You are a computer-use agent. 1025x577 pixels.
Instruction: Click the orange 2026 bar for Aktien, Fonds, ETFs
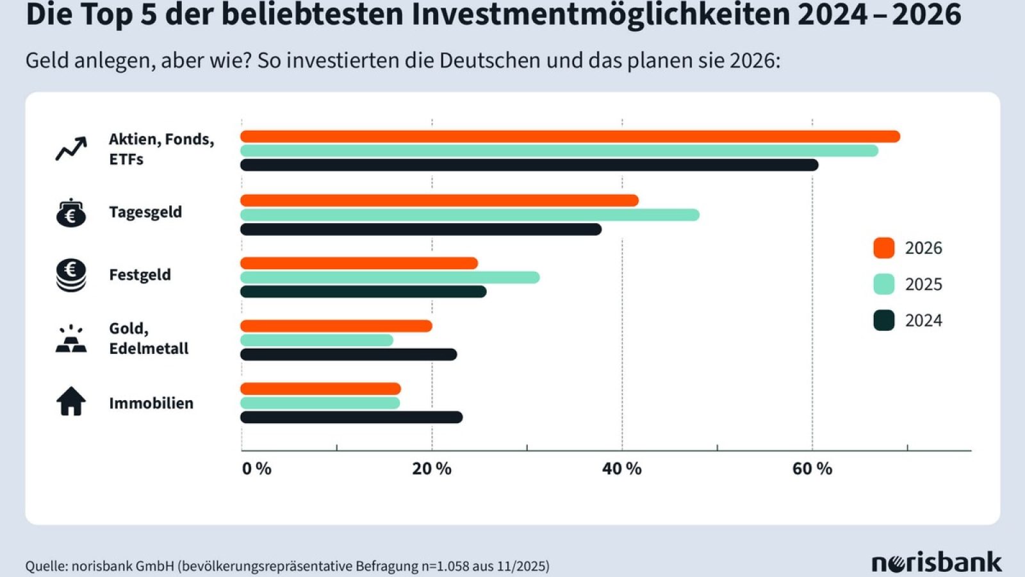[570, 137]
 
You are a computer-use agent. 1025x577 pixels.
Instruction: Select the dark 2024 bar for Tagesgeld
[421, 230]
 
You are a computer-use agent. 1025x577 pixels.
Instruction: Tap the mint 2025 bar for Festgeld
[389, 278]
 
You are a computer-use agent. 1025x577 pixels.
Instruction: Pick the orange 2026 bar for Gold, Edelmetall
[336, 326]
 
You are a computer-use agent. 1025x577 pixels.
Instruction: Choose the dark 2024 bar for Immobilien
[351, 417]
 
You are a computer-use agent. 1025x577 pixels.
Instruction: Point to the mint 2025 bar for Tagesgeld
[470, 215]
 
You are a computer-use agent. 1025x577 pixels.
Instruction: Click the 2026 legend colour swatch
[884, 247]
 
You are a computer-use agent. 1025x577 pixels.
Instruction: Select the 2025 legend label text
[923, 284]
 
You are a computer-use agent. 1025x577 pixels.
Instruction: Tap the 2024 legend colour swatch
[884, 320]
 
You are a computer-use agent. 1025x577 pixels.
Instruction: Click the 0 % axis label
[256, 469]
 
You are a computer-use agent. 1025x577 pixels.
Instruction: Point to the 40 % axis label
[621, 469]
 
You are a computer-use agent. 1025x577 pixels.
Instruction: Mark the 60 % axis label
[812, 469]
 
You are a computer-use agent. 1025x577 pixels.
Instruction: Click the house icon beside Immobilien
[71, 402]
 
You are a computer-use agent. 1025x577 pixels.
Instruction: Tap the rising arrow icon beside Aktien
[71, 149]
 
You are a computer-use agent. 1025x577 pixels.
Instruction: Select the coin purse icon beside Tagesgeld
[71, 213]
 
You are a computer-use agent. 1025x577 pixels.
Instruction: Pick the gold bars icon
[71, 340]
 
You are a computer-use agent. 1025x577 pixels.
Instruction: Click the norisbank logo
[936, 563]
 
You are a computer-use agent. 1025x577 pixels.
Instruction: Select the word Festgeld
[140, 275]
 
